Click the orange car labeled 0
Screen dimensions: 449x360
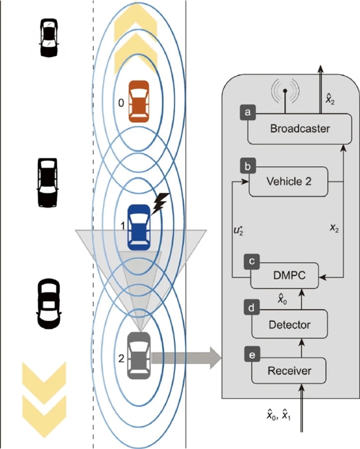tap(138, 101)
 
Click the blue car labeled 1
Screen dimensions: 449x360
tap(138, 227)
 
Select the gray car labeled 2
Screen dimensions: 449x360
tap(138, 355)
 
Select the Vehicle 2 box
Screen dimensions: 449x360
tap(287, 182)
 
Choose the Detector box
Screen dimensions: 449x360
tap(289, 324)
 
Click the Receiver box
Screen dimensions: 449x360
tap(289, 370)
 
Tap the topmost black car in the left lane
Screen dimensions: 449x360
tap(49, 37)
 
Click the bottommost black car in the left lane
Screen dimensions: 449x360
tap(48, 303)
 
